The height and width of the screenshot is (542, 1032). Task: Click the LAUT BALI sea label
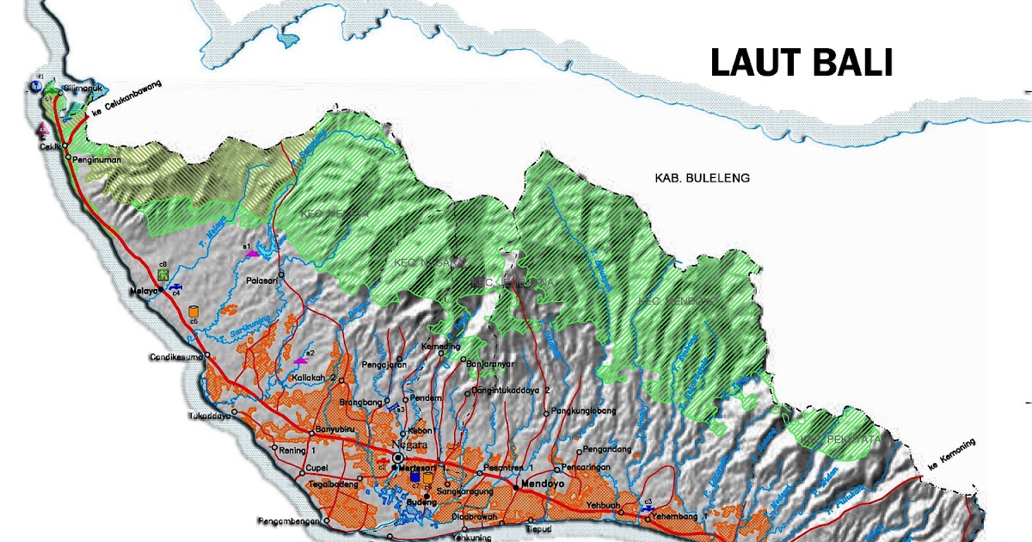(x=801, y=63)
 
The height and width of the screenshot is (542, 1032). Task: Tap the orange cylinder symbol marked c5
(x=193, y=311)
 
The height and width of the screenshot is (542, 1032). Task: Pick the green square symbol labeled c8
(x=162, y=274)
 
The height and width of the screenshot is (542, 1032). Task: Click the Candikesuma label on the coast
(x=172, y=356)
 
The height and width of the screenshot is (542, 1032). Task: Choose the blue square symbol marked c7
(x=415, y=477)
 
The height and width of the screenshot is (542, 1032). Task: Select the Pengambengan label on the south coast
(x=287, y=521)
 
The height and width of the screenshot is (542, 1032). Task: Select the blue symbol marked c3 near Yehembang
(x=646, y=508)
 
